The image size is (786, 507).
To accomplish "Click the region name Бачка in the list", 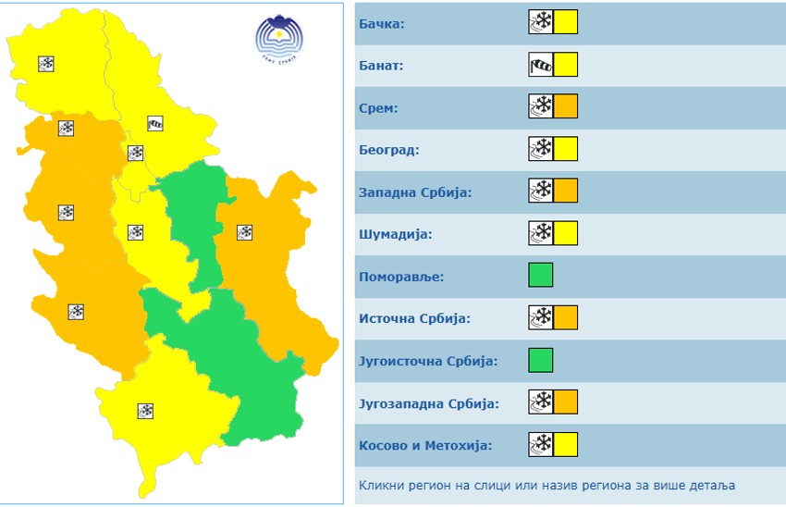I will (x=381, y=23).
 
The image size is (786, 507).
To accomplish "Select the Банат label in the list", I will (x=381, y=66).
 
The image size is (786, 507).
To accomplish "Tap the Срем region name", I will (x=378, y=108).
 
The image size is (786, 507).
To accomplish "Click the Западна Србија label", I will (x=415, y=192).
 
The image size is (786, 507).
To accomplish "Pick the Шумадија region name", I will (x=395, y=234).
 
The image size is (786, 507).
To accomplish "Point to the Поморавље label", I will (x=401, y=277).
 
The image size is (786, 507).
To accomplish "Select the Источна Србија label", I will (x=414, y=319).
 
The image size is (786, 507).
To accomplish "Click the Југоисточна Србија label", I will (x=427, y=361).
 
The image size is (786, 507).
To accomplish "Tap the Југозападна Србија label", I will (x=428, y=403).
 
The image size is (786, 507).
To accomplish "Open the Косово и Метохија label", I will (x=424, y=445).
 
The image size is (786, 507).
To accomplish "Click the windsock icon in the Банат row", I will (x=540, y=65).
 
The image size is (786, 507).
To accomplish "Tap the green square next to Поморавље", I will (x=541, y=276).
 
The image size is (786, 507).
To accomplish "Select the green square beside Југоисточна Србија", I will (x=541, y=360).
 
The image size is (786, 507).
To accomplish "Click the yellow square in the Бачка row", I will (x=566, y=22).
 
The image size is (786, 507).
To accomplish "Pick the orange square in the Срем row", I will (x=566, y=107).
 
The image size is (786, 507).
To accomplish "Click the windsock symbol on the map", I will (x=155, y=122).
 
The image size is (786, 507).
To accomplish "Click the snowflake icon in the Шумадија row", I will (x=540, y=233).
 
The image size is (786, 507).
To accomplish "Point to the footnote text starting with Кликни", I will (x=547, y=485).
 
